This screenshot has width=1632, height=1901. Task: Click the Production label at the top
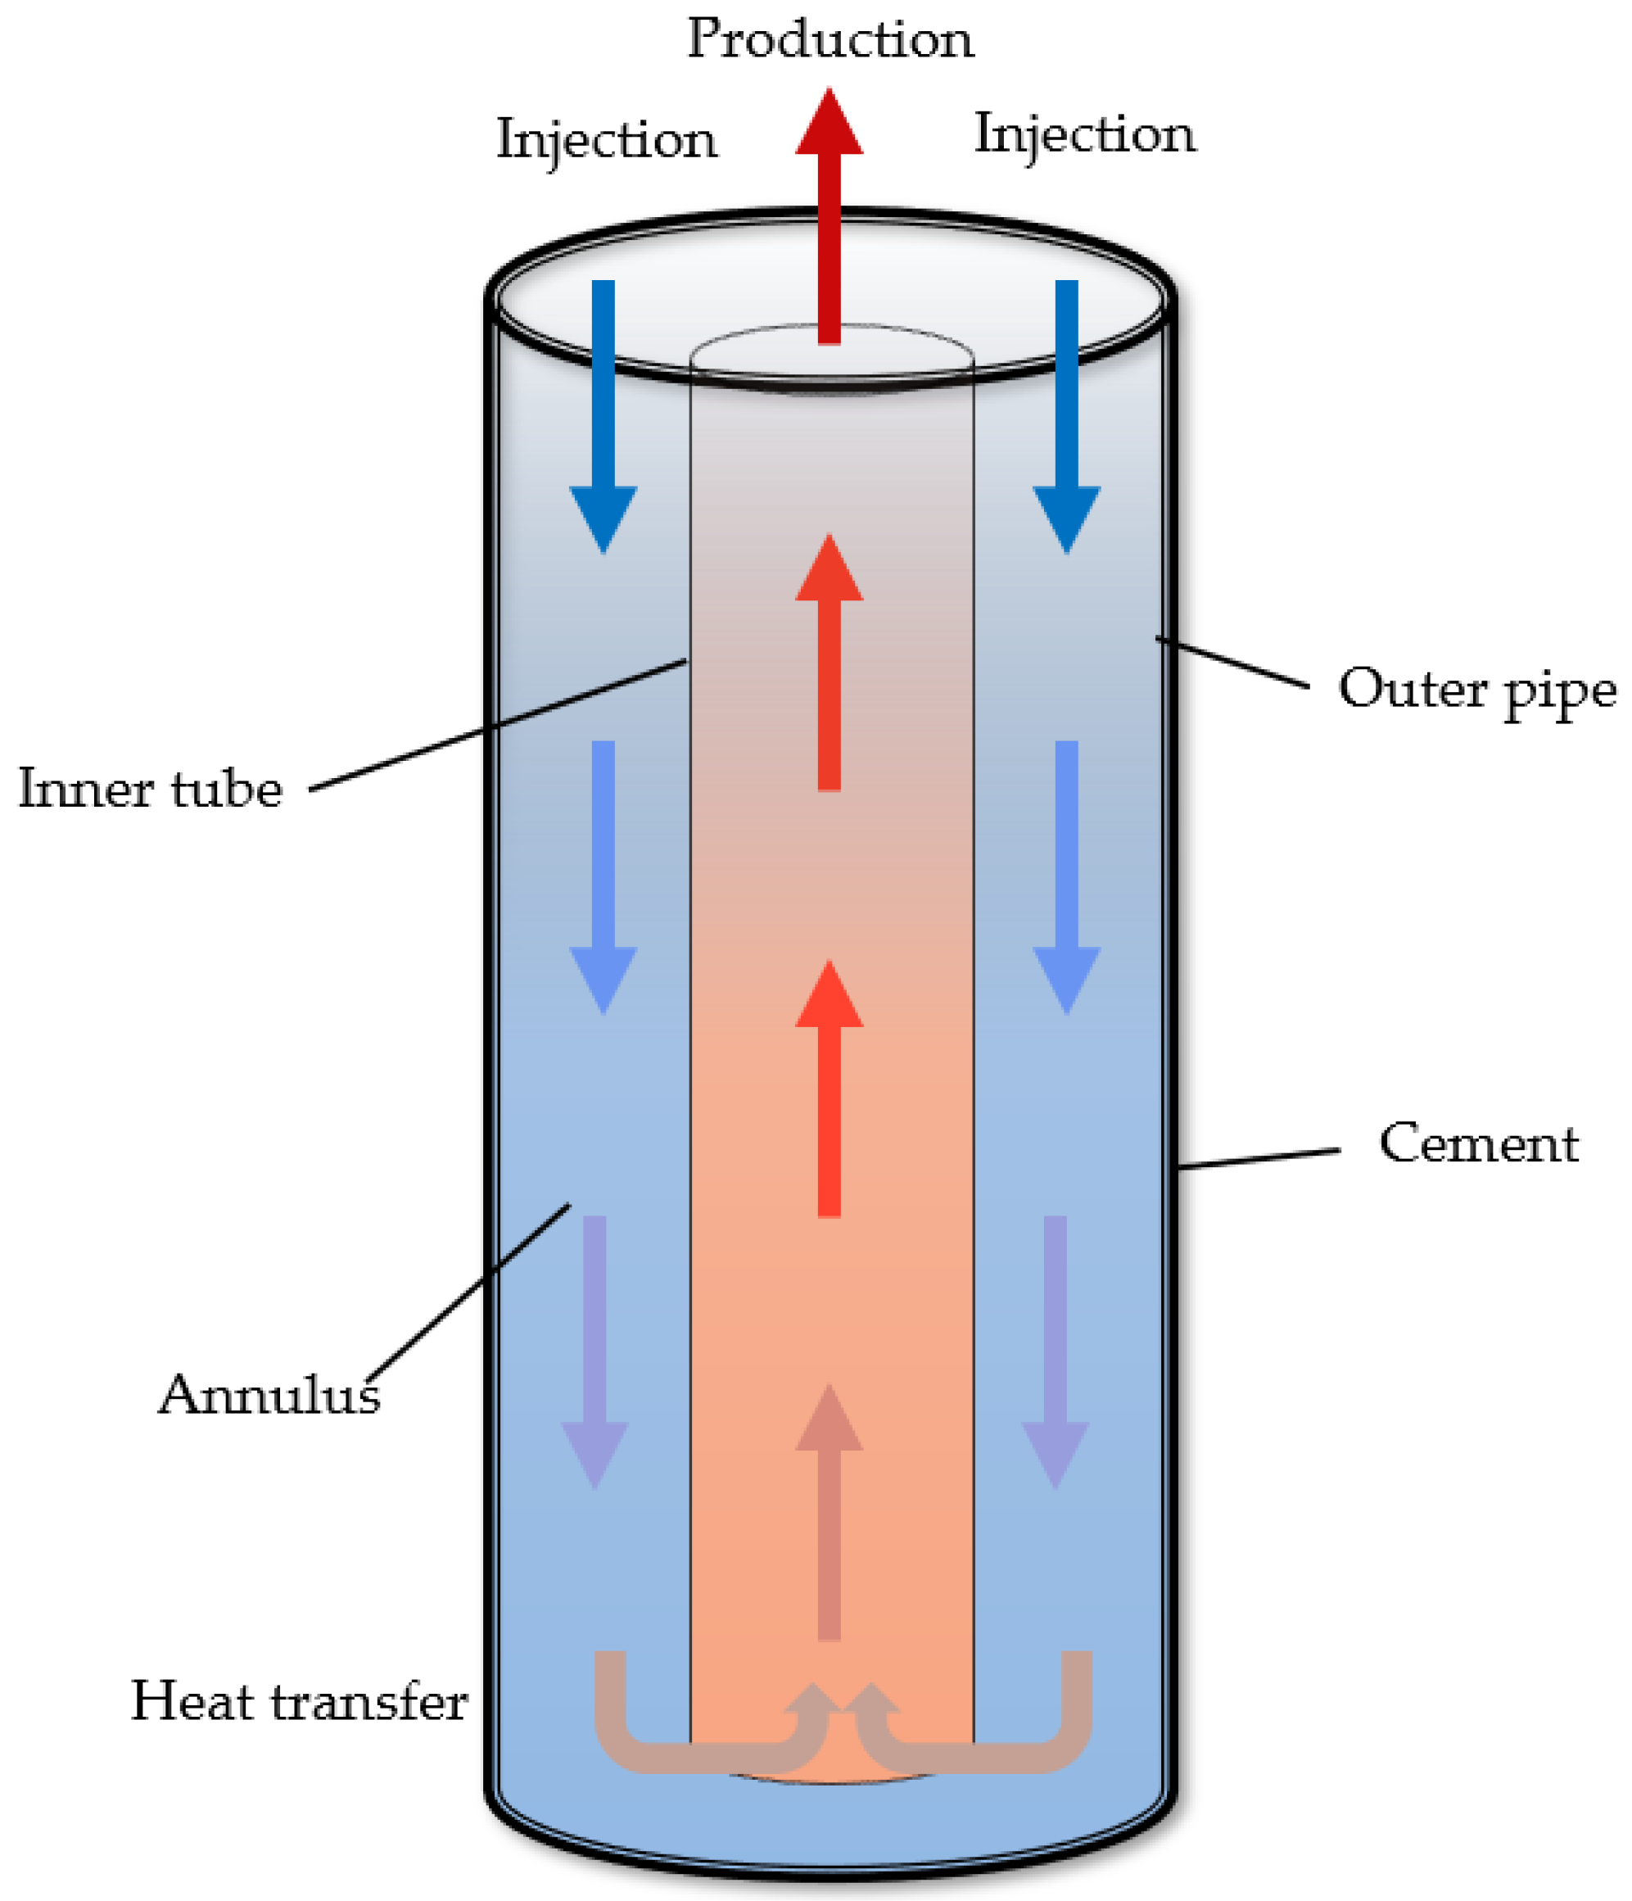830,40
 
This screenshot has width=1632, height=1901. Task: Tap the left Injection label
607,140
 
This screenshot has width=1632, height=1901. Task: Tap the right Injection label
1084,134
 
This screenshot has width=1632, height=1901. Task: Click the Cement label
1478,1144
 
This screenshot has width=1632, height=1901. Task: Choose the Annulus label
269,1396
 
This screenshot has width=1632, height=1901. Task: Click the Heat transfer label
299,1702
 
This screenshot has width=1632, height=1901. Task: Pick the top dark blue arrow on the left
603,413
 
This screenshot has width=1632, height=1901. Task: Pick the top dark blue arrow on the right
1066,413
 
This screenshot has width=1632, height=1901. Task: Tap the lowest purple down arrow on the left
594,1349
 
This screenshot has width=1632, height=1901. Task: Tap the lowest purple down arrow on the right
1055,1349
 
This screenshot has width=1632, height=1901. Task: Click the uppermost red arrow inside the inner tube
829,661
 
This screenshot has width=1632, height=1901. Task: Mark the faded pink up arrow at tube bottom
829,1514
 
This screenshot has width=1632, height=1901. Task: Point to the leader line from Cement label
1259,1158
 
